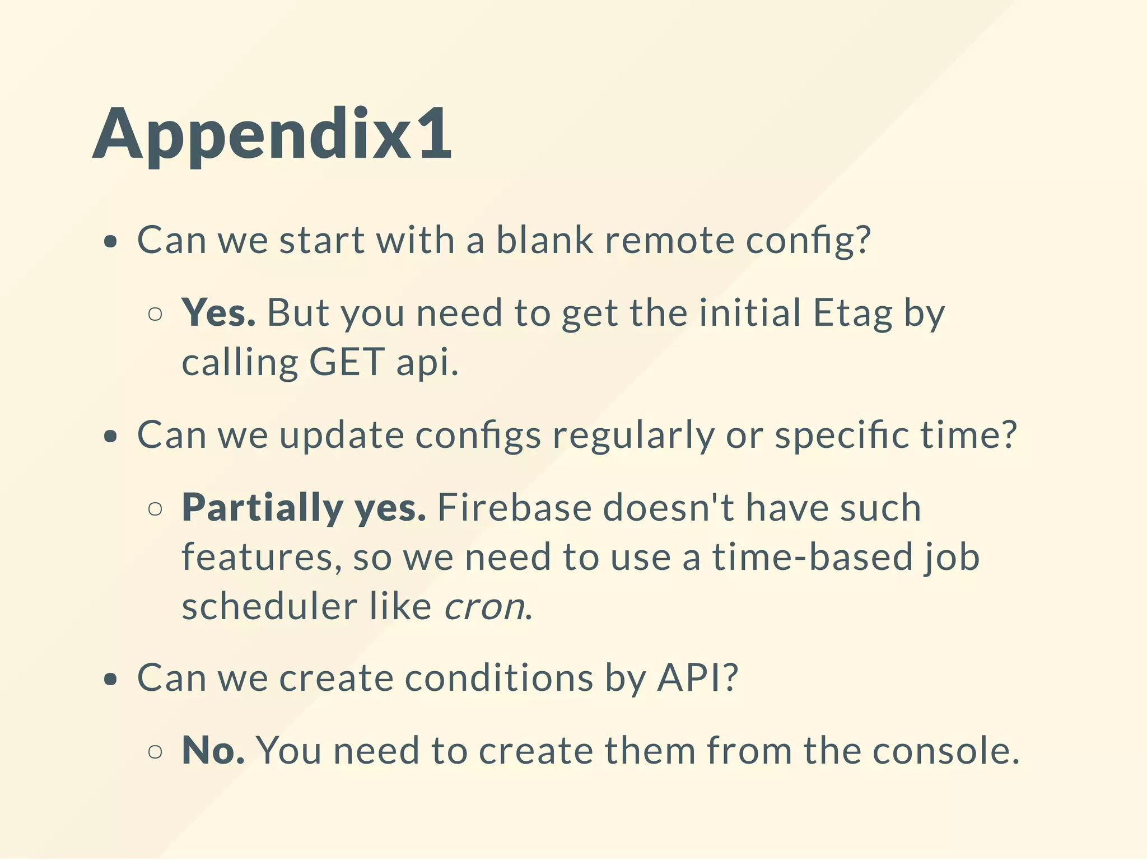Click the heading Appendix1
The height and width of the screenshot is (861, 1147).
(272, 134)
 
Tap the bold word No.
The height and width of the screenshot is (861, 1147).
(213, 750)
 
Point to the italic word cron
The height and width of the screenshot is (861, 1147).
(485, 606)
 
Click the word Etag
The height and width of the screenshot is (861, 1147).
(852, 313)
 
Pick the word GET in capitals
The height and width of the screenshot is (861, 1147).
(347, 362)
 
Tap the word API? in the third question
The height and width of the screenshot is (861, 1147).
(698, 678)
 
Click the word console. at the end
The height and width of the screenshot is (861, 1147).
(946, 750)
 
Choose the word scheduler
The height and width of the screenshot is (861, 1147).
(270, 606)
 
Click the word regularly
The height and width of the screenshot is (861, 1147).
(633, 436)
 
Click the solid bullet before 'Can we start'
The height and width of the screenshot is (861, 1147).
(111, 242)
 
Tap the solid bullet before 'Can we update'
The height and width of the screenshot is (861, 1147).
(111, 436)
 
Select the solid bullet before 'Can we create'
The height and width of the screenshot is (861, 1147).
(111, 680)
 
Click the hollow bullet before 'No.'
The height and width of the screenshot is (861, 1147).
(156, 751)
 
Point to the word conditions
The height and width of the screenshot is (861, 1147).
(498, 678)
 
